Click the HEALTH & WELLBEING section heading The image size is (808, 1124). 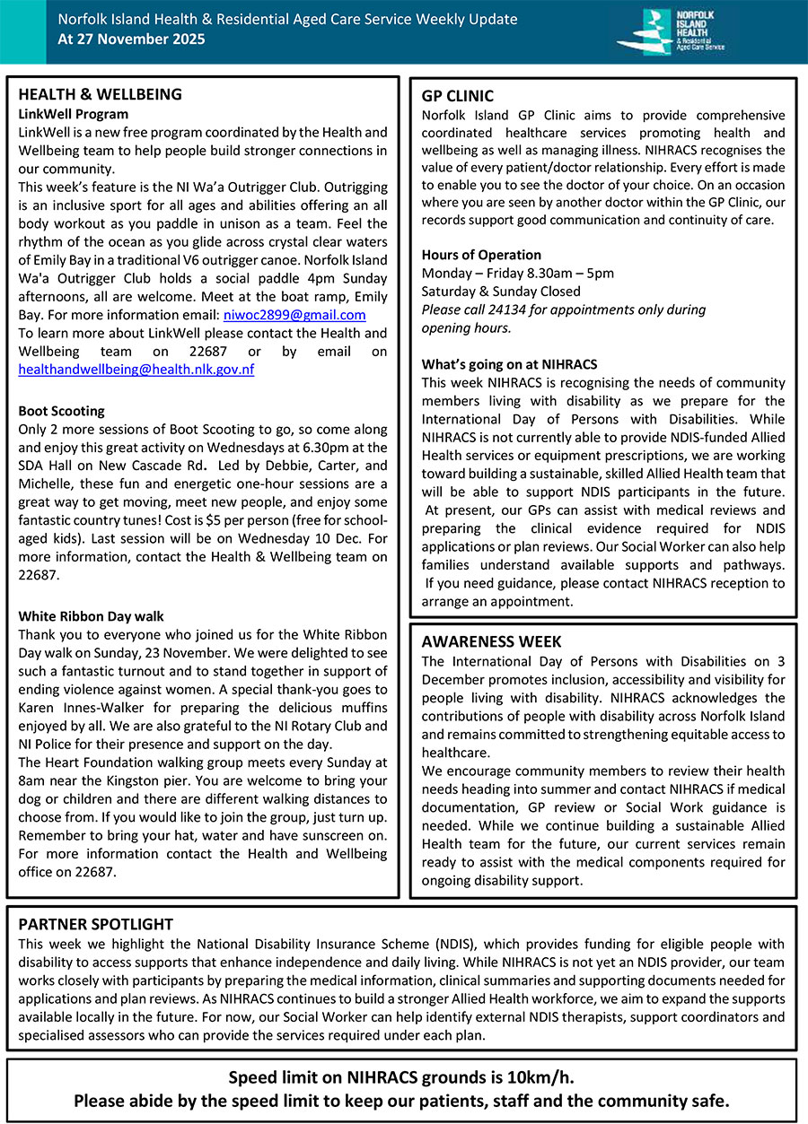pos(100,95)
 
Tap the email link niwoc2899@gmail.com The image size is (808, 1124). pos(294,315)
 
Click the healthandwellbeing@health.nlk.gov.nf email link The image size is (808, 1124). pos(136,370)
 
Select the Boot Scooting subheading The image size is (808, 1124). pos(62,411)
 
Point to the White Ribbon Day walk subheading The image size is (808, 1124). pos(92,616)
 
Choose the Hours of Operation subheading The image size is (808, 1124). pos(481,255)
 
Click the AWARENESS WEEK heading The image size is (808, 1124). pos(492,642)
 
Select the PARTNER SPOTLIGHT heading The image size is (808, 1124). pos(96,924)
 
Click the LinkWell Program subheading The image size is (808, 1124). pos(74,114)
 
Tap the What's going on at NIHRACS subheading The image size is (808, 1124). pos(509,364)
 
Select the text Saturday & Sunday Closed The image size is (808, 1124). pos(501,292)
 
